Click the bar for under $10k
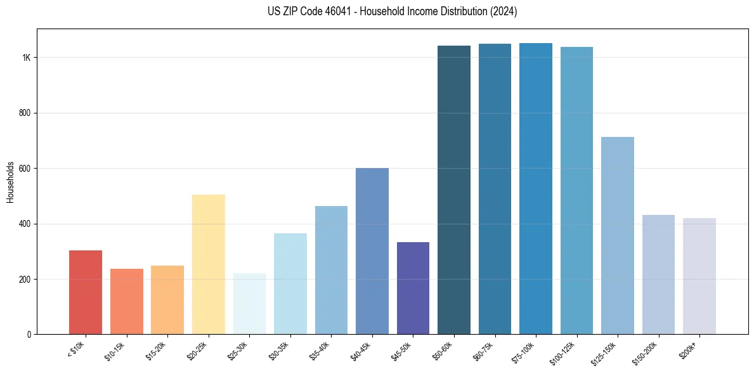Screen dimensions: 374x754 [x=86, y=292]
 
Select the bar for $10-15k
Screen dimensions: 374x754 [x=126, y=302]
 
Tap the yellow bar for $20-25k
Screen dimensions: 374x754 [x=209, y=264]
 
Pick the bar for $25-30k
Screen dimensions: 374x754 [x=249, y=304]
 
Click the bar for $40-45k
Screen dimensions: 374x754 [x=372, y=251]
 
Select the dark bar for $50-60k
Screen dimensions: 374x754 [x=454, y=190]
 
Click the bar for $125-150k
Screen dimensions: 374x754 [x=618, y=236]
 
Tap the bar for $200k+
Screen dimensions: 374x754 [x=699, y=276]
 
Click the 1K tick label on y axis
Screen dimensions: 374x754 [x=27, y=58]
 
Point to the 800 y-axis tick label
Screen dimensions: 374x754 [x=25, y=113]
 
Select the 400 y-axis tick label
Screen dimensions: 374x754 [x=25, y=224]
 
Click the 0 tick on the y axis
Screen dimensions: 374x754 [x=29, y=335]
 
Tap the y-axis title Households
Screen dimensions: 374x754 [x=10, y=182]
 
